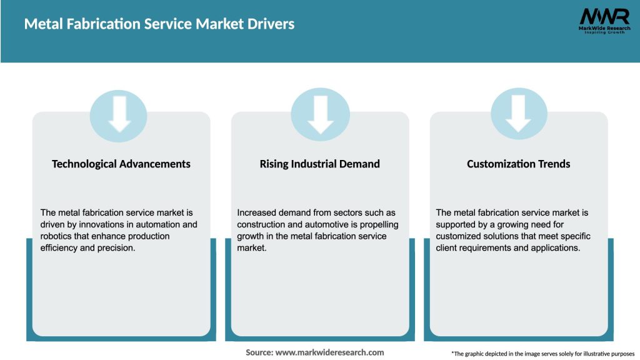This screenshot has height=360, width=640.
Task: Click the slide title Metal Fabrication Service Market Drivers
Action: pos(159,24)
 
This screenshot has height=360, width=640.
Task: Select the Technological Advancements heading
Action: pos(121,164)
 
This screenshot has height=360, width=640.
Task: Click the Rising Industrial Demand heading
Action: pos(320,164)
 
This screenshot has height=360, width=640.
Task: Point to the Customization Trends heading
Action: pos(519,164)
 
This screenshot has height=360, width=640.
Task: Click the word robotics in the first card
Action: pos(57,236)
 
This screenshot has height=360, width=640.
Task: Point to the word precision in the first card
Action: pos(114,248)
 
